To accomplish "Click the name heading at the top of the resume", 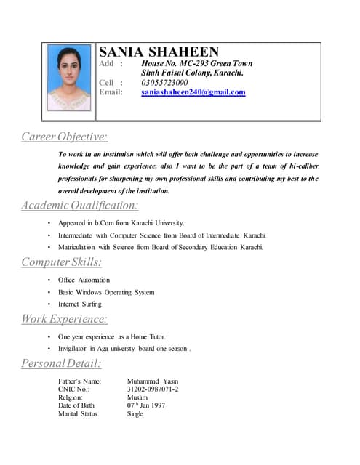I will (x=159, y=52).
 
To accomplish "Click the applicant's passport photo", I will (x=69, y=78).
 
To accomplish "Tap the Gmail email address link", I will (x=193, y=92).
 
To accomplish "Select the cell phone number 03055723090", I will (x=164, y=83).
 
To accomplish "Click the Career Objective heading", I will (x=64, y=137).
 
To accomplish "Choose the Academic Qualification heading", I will (x=79, y=206).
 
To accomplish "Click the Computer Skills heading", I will (x=61, y=262).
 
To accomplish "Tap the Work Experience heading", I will (x=64, y=318).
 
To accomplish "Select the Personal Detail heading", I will (x=61, y=363).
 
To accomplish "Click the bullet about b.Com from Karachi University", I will (x=121, y=223).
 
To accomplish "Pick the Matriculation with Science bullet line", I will (x=160, y=247).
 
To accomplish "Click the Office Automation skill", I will (x=84, y=280).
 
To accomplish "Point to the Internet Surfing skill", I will (x=80, y=304).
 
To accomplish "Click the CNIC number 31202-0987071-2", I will (x=152, y=389).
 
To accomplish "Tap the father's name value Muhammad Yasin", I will (x=152, y=381).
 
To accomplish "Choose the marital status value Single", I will (x=135, y=414).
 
